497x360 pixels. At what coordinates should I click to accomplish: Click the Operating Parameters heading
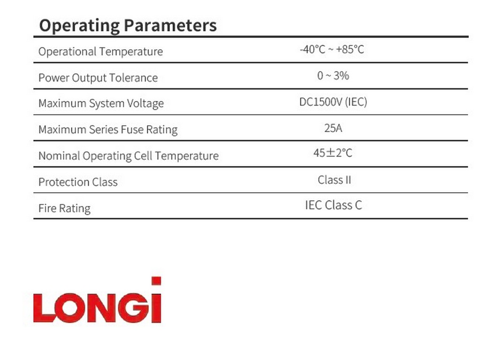[x=128, y=26]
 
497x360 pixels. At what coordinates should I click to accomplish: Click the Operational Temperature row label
[x=100, y=52]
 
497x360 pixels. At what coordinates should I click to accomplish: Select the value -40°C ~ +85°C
[x=332, y=49]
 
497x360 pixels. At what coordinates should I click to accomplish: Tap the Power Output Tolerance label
[x=98, y=78]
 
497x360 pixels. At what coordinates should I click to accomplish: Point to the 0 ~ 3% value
[x=333, y=76]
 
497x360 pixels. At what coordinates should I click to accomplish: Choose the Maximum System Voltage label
[x=101, y=103]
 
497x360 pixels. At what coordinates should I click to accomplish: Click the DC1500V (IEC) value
[x=333, y=102]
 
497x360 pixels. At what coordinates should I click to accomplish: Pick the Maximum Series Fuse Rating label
[x=108, y=130]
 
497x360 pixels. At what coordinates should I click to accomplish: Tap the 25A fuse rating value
[x=333, y=128]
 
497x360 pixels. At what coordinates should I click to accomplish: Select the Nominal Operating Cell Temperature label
[x=128, y=156]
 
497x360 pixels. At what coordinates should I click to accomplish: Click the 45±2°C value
[x=333, y=153]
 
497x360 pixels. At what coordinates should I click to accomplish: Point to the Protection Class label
[x=78, y=182]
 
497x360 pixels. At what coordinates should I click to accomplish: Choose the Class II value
[x=334, y=180]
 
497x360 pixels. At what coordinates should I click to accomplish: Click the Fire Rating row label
[x=64, y=208]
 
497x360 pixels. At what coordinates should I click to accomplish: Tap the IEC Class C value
[x=333, y=205]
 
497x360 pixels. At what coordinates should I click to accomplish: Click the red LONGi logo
[x=98, y=300]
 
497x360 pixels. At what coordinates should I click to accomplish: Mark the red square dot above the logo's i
[x=156, y=281]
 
